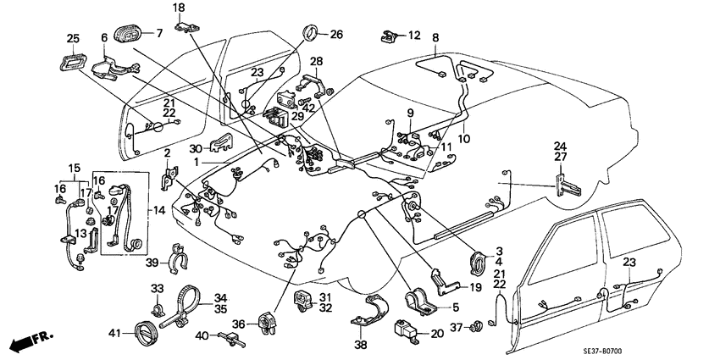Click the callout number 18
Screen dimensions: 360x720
[179, 8]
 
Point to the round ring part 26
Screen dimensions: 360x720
[310, 35]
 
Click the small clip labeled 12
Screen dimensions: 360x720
[390, 36]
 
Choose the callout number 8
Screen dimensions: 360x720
[435, 37]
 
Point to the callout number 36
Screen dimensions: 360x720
[239, 323]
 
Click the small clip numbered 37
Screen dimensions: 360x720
[479, 325]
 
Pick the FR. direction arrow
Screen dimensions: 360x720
[30, 343]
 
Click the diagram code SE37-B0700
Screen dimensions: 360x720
[674, 350]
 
